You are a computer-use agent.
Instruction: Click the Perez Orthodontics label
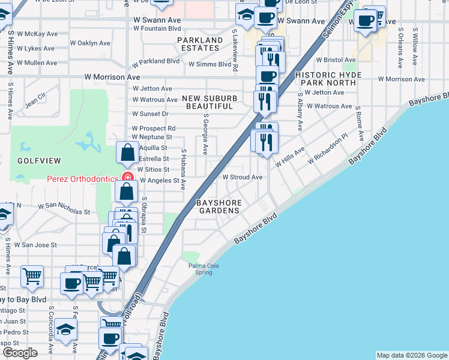[x=83, y=178]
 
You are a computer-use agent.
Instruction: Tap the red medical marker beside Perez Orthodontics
[x=127, y=177]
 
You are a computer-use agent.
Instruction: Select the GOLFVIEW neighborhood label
[x=31, y=161]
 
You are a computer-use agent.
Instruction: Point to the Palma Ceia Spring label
[x=200, y=268]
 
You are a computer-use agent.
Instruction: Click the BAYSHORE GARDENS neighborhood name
[x=218, y=206]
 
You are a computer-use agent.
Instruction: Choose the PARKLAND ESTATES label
[x=199, y=44]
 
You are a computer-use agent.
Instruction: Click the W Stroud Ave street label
[x=243, y=178]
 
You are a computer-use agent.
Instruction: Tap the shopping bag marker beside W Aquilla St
[x=128, y=153]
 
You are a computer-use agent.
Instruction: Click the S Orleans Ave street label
[x=400, y=47]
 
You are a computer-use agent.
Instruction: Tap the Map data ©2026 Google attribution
[x=412, y=355]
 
